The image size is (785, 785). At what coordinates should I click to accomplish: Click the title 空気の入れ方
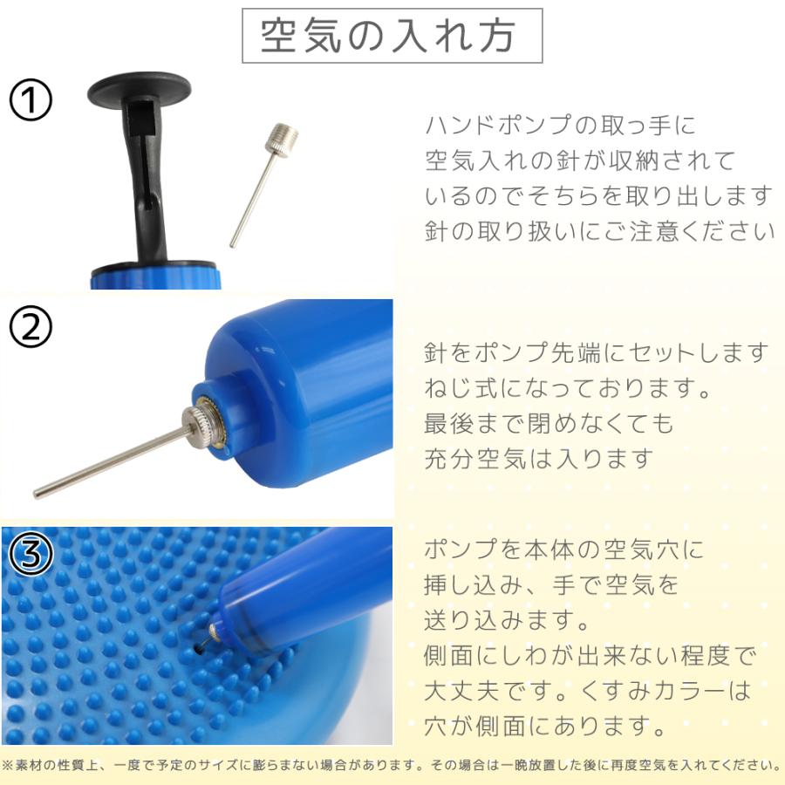pos(391,36)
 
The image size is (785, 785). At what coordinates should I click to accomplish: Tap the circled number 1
pos(31,102)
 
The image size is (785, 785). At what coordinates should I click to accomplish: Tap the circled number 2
pos(31,327)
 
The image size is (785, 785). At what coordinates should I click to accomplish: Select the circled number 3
pos(31,553)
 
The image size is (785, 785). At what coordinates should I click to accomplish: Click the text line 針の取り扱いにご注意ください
pos(599,231)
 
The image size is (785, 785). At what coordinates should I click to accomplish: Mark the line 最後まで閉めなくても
pos(549,423)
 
